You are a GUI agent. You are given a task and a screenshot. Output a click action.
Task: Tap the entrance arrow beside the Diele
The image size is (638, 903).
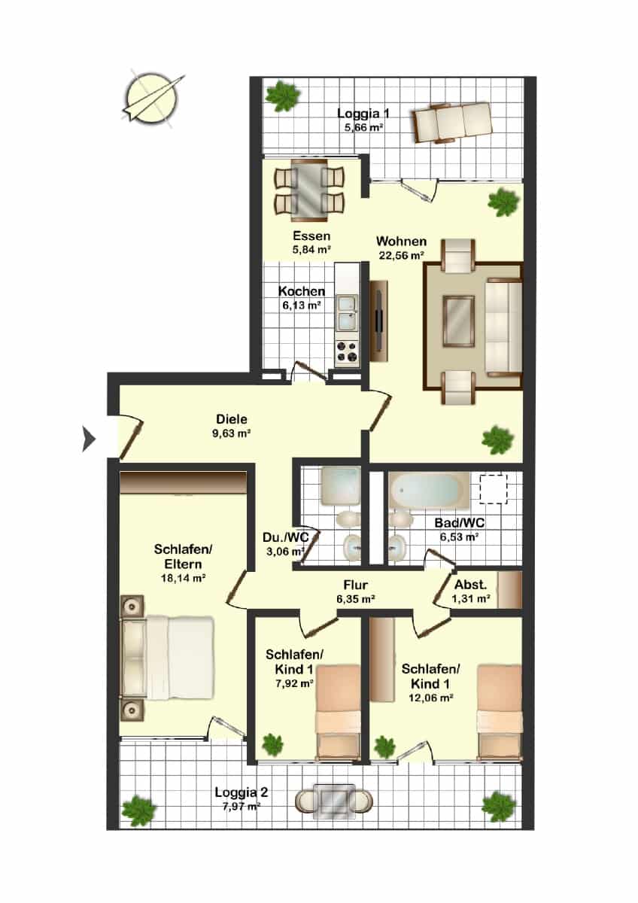pyautogui.click(x=89, y=439)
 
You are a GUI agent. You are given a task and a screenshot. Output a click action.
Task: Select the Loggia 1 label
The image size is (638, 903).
pyautogui.click(x=363, y=114)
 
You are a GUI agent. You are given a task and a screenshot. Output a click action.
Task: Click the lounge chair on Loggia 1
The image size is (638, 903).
pyautogui.click(x=452, y=122)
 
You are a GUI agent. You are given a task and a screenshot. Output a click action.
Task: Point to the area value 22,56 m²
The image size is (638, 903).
pyautogui.click(x=402, y=255)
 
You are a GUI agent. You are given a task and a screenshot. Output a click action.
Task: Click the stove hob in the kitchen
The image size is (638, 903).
pyautogui.click(x=348, y=351)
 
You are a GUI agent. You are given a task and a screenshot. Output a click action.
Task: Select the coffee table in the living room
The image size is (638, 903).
pyautogui.click(x=459, y=321)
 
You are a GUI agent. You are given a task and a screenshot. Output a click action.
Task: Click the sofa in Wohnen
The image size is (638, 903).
pyautogui.click(x=504, y=327)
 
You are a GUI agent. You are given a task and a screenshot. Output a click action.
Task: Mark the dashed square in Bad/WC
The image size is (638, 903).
pyautogui.click(x=494, y=489)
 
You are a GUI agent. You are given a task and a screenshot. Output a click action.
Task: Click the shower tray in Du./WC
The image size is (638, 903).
pyautogui.click(x=341, y=486)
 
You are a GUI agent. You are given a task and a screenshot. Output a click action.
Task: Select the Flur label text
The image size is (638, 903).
pyautogui.click(x=355, y=584)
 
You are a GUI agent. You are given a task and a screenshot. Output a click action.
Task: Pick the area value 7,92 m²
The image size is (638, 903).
pyautogui.click(x=295, y=683)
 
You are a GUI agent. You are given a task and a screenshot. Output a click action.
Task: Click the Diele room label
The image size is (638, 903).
pyautogui.click(x=231, y=418)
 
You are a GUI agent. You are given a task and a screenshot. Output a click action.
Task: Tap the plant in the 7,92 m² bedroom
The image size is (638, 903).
pyautogui.click(x=272, y=746)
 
